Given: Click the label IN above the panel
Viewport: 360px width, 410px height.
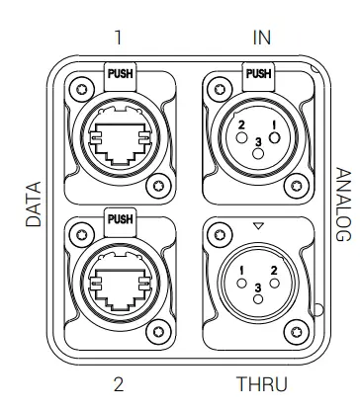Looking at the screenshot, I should [262, 39].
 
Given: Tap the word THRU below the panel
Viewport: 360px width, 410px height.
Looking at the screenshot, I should [262, 383].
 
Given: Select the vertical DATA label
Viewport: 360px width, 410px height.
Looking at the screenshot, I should [34, 205].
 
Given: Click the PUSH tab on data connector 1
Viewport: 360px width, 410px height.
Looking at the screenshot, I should [120, 72].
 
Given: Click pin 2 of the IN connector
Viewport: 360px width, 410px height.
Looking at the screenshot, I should [241, 124].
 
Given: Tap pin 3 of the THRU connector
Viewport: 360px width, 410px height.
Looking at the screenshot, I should [258, 287].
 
